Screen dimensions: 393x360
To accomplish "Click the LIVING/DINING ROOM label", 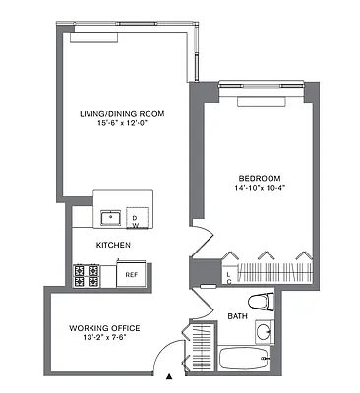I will pyautogui.click(x=122, y=113).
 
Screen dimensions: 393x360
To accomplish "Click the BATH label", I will pyautogui.click(x=237, y=316).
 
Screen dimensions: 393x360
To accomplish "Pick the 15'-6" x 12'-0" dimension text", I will pyautogui.click(x=122, y=124).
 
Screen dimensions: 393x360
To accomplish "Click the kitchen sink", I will pyautogui.click(x=111, y=215).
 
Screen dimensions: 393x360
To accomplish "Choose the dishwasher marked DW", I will pyautogui.click(x=137, y=215).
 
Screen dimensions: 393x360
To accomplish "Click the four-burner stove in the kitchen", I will pyautogui.click(x=86, y=274).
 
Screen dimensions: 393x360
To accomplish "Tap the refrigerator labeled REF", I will pyautogui.click(x=131, y=274).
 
